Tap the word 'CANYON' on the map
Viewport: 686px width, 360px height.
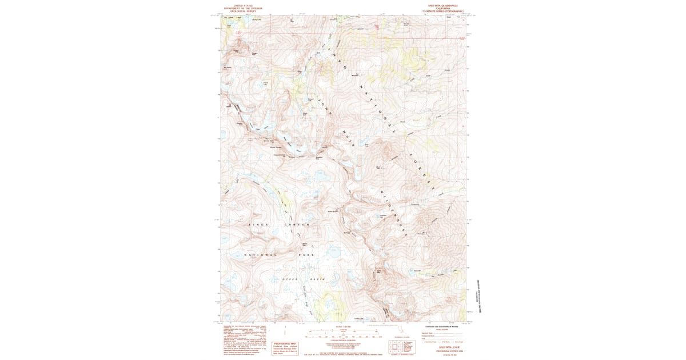pyautogui.click(x=297, y=225)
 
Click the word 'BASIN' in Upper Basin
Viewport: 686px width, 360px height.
pyautogui.click(x=318, y=278)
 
